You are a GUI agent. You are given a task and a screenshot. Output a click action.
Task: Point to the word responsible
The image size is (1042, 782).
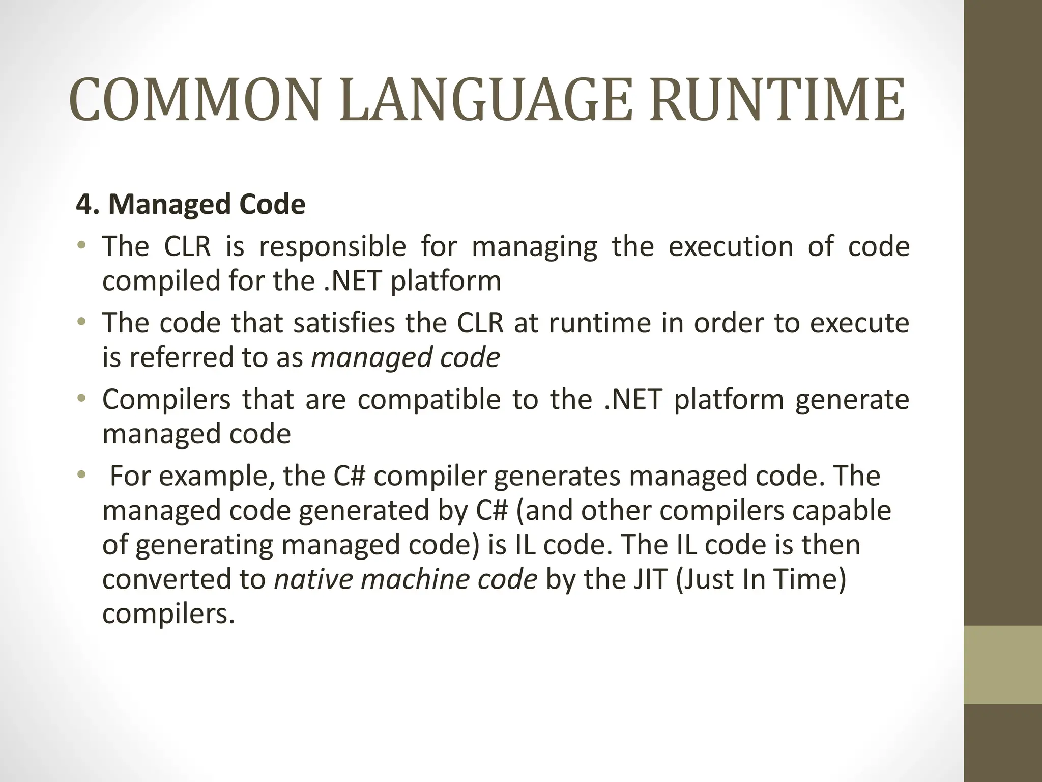coord(332,247)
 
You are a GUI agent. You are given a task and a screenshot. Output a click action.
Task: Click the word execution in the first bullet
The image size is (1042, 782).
coord(731,247)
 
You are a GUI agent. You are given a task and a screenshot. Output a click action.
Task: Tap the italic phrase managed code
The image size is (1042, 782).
coord(406,357)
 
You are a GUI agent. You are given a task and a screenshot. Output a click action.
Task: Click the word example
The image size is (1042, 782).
coord(214,477)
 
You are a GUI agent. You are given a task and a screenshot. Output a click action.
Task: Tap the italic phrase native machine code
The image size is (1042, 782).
coord(406,579)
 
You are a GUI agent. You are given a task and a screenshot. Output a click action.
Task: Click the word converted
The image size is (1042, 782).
coord(167,579)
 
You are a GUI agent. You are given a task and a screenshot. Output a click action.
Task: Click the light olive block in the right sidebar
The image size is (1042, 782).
coord(1002,665)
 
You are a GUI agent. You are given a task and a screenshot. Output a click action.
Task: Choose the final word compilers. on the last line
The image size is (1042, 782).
coord(168,614)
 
